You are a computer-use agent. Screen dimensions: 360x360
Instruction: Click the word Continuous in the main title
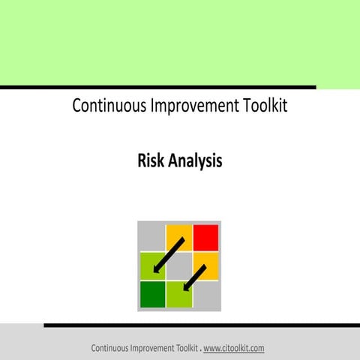coord(103,106)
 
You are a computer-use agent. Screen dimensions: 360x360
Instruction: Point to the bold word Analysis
coord(196,160)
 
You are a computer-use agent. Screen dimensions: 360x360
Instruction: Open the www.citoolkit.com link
coord(233,348)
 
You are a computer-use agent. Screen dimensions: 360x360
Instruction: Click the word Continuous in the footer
coord(112,348)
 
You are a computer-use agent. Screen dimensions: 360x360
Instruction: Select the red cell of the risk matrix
coord(205,238)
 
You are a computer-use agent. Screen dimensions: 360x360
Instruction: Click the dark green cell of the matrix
coord(152,293)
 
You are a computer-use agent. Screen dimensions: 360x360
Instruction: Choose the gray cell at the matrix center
coord(179,265)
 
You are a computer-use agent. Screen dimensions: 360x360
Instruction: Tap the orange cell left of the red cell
coord(179,237)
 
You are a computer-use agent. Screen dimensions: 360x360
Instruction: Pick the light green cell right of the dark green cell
coord(179,293)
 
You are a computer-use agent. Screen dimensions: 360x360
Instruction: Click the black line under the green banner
coord(157,88)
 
